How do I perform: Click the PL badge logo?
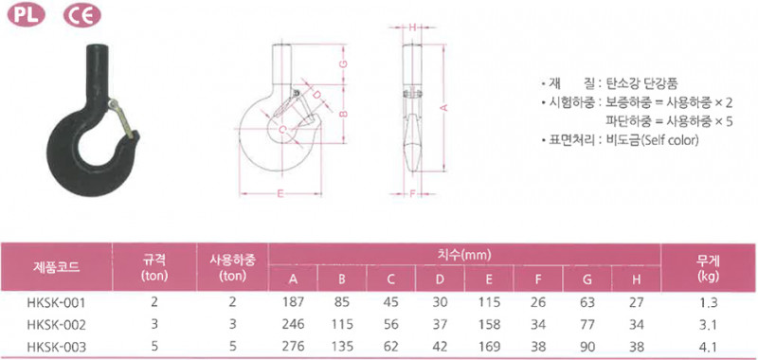(x=27, y=16)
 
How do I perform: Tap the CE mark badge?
(x=82, y=16)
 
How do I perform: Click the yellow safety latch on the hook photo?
(x=121, y=117)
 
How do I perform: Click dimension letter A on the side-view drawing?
(x=445, y=107)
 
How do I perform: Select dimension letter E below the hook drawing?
(x=280, y=194)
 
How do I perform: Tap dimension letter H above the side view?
(x=412, y=28)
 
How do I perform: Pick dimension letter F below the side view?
(x=412, y=194)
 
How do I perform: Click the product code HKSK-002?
(x=57, y=325)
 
